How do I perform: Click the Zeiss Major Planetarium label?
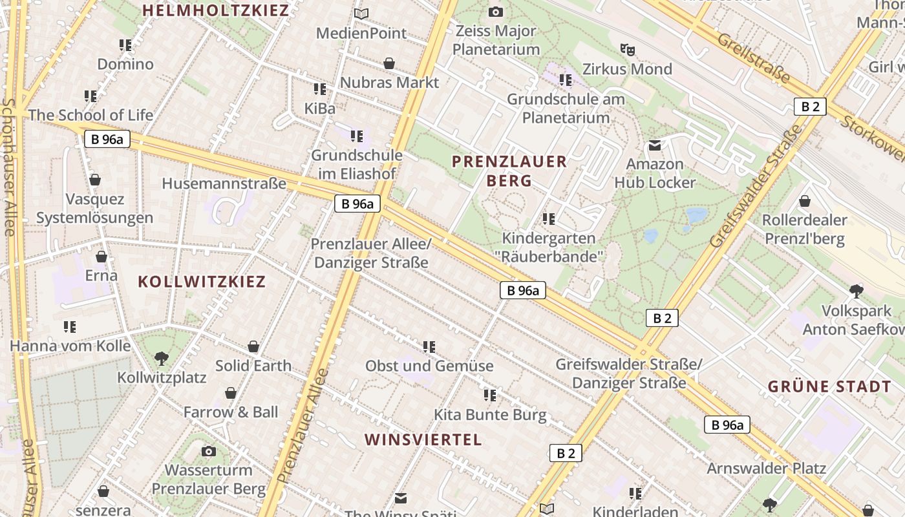click(496, 40)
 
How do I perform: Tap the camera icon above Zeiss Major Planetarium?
click(496, 12)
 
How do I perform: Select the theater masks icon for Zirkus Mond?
click(626, 49)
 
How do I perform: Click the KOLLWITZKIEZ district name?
click(202, 282)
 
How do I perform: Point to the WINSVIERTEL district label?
click(423, 440)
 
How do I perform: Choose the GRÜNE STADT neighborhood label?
click(829, 387)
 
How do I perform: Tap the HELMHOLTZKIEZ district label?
click(216, 10)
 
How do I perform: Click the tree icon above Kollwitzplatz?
click(162, 358)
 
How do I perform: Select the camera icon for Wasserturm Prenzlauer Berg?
click(209, 451)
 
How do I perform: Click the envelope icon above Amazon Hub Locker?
click(655, 145)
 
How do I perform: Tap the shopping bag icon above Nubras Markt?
click(389, 63)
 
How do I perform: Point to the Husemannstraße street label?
click(224, 184)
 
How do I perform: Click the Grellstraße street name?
click(754, 59)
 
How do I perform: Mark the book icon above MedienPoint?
click(361, 14)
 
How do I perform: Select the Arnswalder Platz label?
click(766, 469)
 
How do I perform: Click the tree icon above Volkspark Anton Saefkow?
click(857, 291)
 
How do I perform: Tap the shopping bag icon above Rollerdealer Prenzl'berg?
click(805, 201)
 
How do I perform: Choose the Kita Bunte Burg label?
click(490, 415)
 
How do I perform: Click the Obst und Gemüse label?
click(429, 366)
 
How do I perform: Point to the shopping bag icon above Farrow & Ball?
click(231, 393)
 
